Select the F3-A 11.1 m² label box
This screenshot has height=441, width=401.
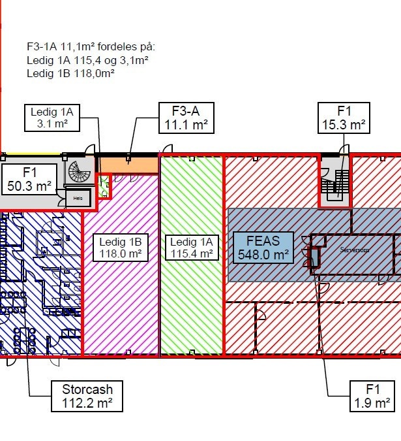[x=185, y=118]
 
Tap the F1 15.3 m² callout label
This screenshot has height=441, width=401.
[x=344, y=118]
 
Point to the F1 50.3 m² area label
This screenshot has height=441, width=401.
[x=28, y=180]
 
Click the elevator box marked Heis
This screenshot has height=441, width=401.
[x=77, y=197]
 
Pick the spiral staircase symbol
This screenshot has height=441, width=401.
[x=82, y=173]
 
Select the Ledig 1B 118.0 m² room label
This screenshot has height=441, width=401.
[x=120, y=248]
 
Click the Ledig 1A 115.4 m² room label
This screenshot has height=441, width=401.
[x=191, y=248]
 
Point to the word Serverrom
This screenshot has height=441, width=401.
[x=355, y=250]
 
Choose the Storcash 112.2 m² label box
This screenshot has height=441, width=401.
[x=87, y=397]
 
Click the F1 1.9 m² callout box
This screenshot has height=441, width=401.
[x=372, y=397]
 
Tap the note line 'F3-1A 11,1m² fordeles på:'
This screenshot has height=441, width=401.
[x=91, y=47]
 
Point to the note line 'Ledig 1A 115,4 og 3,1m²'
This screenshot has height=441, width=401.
[x=87, y=60]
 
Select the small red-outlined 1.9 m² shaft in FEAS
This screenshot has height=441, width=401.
[x=314, y=258]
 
